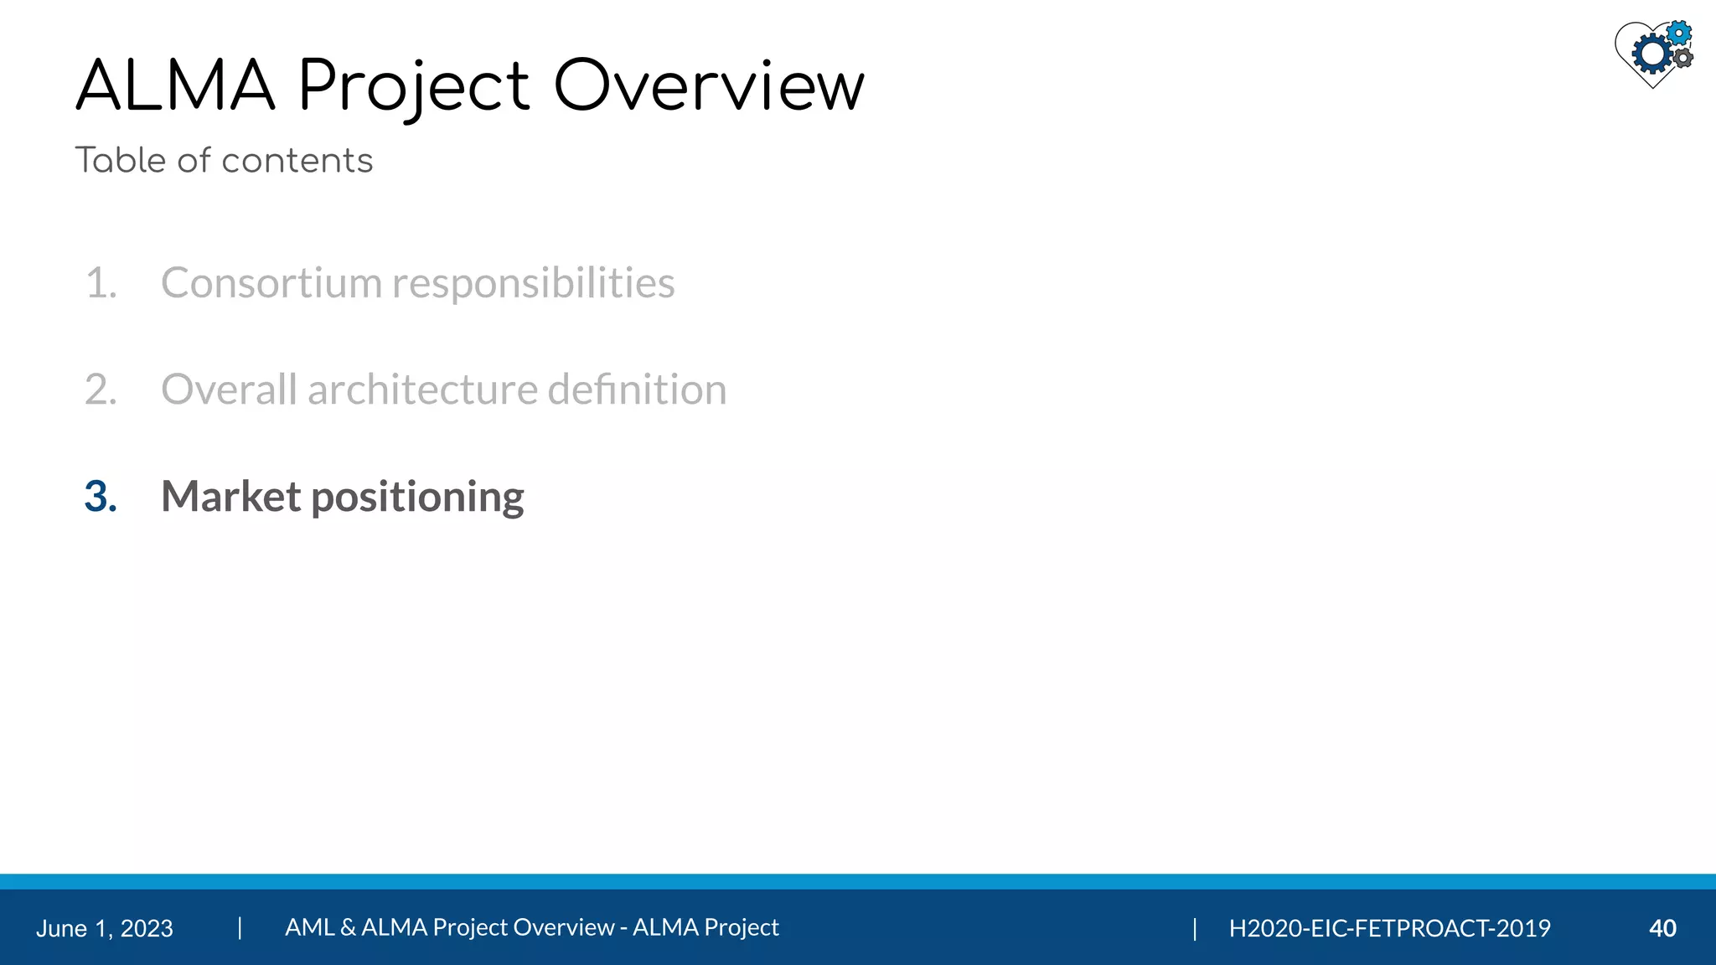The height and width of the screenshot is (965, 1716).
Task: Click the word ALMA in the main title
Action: click(x=175, y=85)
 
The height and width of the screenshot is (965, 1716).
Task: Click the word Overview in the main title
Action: click(x=709, y=85)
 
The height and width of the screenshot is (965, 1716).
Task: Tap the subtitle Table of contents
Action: click(x=224, y=160)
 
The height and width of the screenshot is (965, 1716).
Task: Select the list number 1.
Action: click(x=101, y=283)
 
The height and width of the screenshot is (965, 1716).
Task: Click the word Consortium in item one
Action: click(x=271, y=283)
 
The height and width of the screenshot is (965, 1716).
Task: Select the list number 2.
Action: click(x=101, y=390)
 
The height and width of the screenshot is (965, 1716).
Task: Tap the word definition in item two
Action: click(x=637, y=390)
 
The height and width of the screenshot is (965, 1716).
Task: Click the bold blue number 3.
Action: click(x=101, y=497)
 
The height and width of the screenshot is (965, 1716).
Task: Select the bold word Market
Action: click(x=230, y=497)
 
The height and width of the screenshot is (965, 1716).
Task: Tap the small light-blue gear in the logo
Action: click(x=1678, y=34)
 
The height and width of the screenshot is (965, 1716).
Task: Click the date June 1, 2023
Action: click(x=105, y=928)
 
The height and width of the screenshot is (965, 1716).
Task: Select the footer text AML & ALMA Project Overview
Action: click(x=449, y=927)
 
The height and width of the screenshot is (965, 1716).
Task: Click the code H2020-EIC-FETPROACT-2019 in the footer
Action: click(x=1389, y=928)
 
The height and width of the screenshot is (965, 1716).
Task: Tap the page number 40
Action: click(x=1662, y=928)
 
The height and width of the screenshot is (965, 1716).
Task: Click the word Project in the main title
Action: click(x=414, y=87)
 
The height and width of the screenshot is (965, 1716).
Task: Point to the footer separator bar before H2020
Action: click(x=1195, y=928)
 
